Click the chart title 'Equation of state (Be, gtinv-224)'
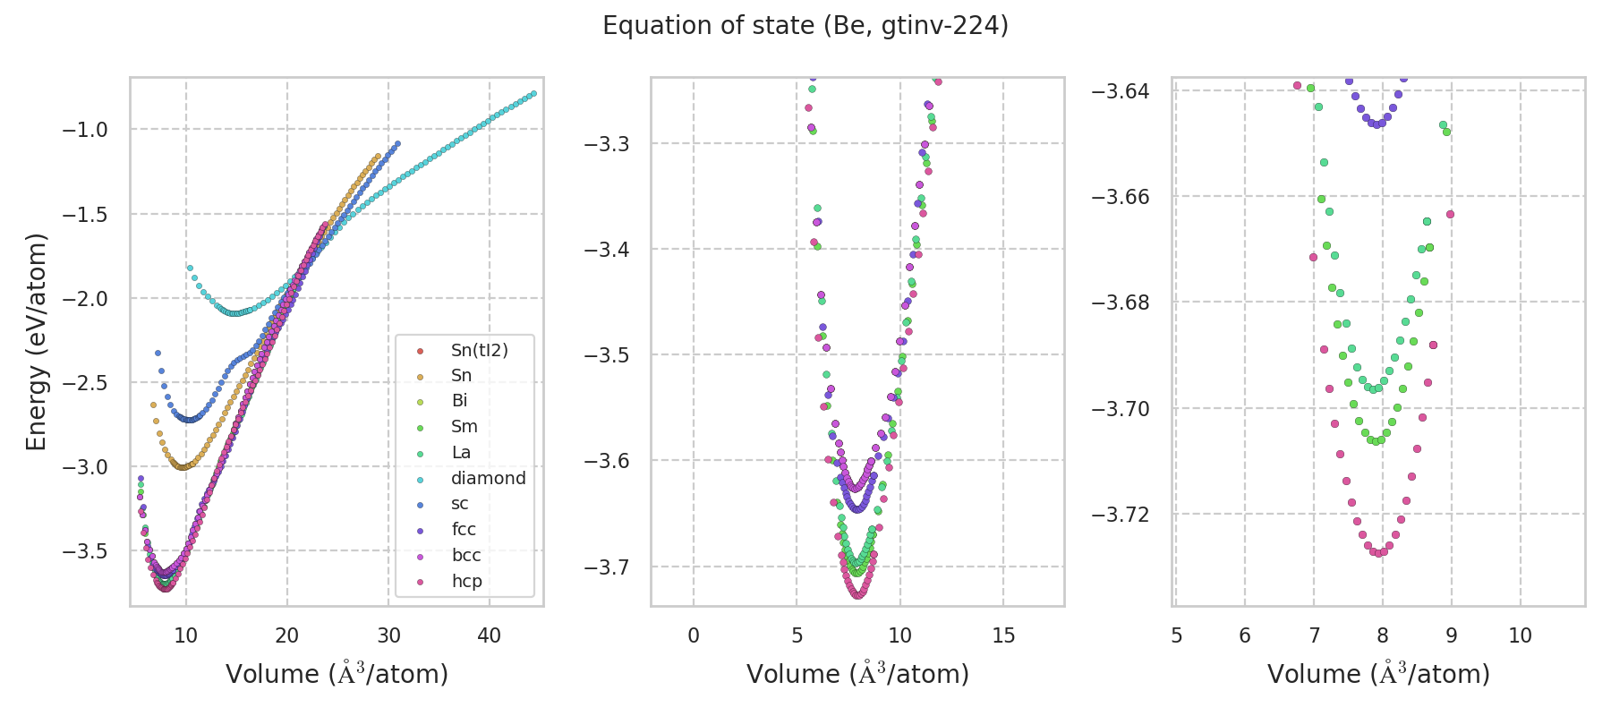point(805,26)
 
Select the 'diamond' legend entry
point(488,478)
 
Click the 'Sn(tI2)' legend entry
point(479,350)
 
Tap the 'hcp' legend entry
point(466,581)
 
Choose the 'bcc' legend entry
point(466,555)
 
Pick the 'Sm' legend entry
point(464,427)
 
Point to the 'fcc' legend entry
point(464,529)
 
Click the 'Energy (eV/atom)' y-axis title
point(36,341)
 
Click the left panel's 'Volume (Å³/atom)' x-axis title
point(337,674)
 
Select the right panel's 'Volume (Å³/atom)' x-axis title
point(1378,674)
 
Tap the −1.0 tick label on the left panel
point(85,130)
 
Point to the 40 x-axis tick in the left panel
point(490,635)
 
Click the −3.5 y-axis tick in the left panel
point(85,550)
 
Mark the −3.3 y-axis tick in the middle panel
point(607,143)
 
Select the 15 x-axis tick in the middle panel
point(1003,635)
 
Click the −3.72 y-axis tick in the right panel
point(1121,515)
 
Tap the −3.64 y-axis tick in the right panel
point(1121,91)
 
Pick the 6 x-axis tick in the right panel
point(1245,635)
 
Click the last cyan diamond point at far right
point(533,93)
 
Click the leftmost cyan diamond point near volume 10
point(190,268)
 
